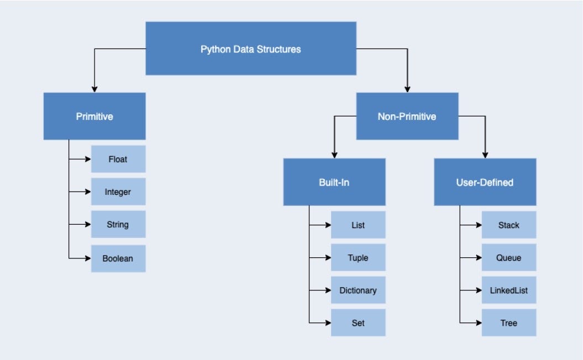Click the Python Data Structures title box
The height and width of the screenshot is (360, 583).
tap(250, 49)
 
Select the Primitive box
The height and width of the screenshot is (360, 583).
tap(94, 116)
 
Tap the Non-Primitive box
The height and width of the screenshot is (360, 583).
tap(407, 116)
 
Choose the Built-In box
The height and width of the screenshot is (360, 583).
tap(334, 182)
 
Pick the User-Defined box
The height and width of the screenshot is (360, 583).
tap(485, 182)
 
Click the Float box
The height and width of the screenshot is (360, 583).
tap(118, 159)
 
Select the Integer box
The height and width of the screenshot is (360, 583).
tap(118, 192)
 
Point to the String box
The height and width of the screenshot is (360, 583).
tap(118, 224)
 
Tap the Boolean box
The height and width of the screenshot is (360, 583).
tap(118, 258)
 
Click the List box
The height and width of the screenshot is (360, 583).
tap(358, 225)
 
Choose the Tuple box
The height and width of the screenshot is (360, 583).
tap(358, 257)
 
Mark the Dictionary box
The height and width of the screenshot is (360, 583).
tap(358, 290)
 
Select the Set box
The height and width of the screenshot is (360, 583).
tap(358, 322)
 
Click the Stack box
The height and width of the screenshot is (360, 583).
tap(508, 225)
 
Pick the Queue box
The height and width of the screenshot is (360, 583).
tap(508, 257)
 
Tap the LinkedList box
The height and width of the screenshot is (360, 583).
tap(508, 290)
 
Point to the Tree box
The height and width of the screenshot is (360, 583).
tap(508, 322)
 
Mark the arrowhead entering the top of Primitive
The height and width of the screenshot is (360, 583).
tap(94, 89)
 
